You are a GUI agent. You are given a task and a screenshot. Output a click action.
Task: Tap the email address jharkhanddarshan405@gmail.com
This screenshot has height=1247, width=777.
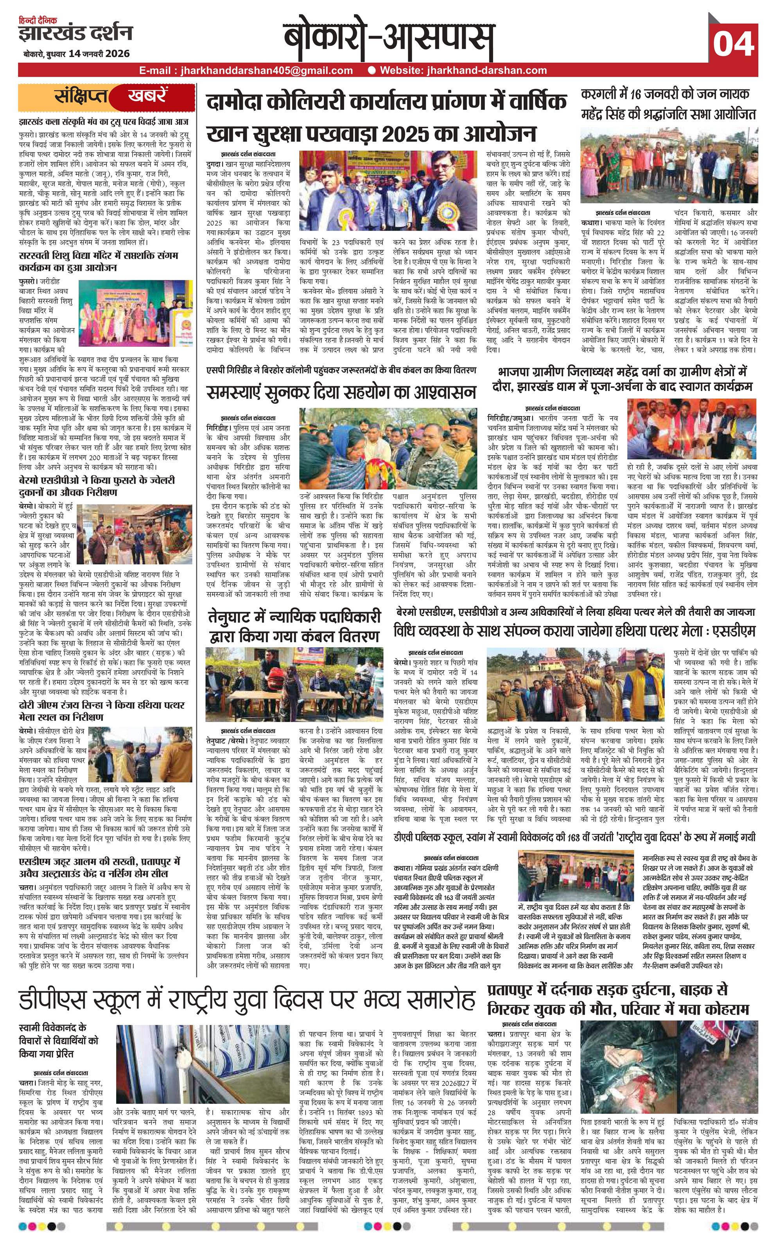point(246,71)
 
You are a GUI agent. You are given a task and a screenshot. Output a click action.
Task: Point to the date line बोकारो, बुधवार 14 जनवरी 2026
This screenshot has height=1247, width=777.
point(76,54)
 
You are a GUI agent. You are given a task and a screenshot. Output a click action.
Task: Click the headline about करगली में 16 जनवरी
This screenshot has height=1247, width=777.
point(668,104)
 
